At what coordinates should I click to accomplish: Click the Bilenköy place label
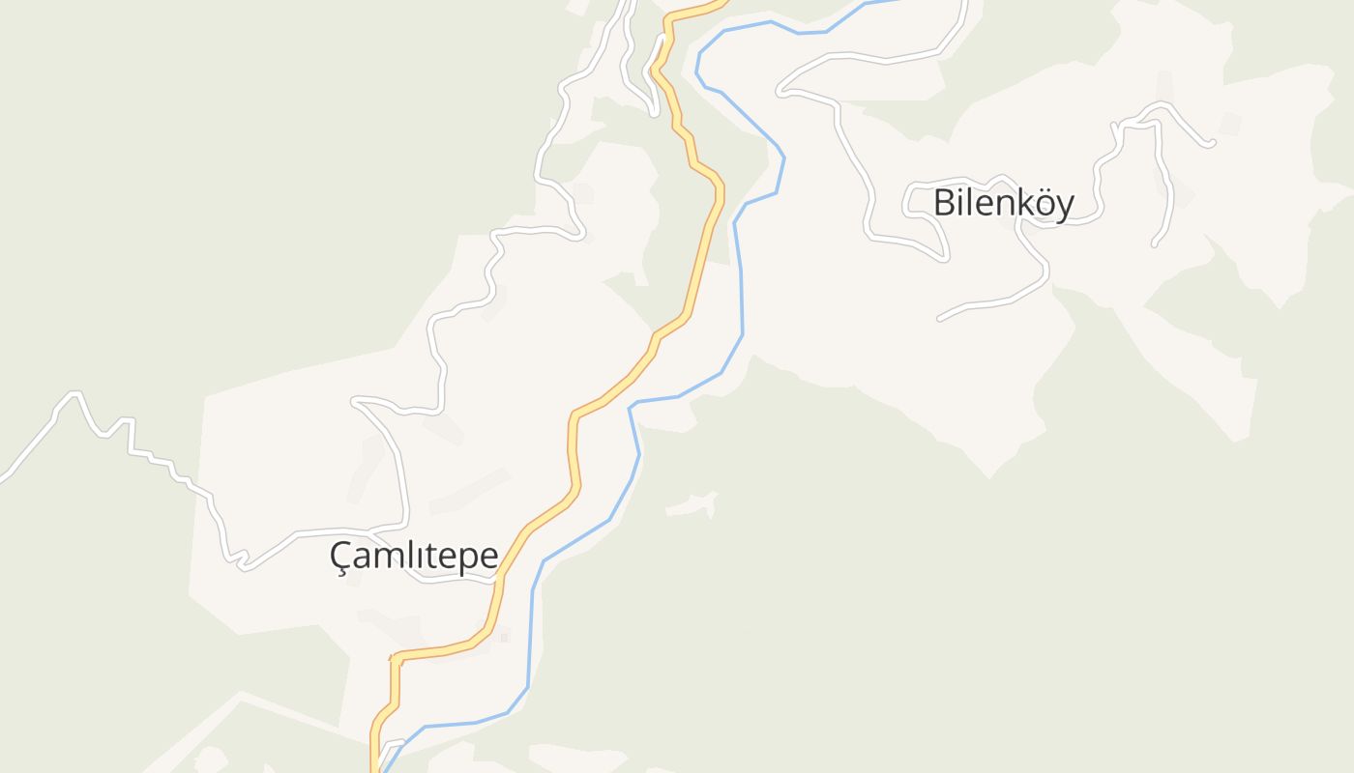(1003, 204)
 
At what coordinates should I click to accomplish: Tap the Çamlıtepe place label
(414, 557)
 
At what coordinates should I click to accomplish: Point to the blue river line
(741, 290)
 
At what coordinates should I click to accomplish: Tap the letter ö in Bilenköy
(1039, 204)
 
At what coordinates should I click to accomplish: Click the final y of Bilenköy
(1063, 207)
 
